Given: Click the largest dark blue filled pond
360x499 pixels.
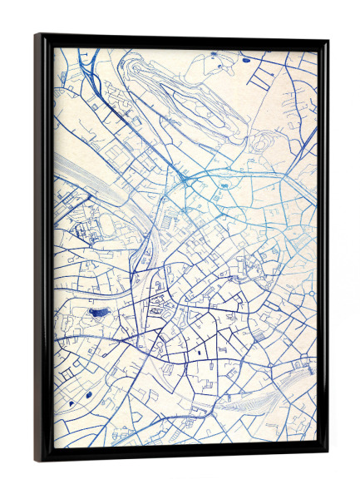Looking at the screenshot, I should pos(98,313).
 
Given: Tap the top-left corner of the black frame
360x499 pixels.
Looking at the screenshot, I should pos(37,35).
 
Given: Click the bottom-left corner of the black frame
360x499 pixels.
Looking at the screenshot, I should pos(37,460).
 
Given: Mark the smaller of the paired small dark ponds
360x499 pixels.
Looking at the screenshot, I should pos(72,403).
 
